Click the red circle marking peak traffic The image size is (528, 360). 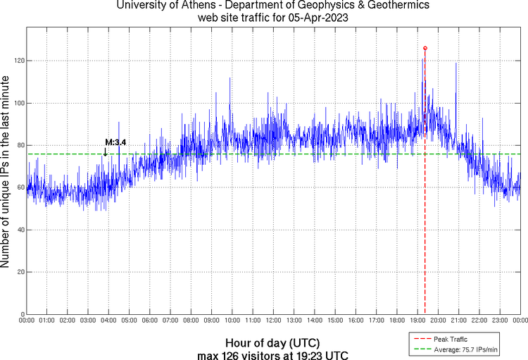coord(425,48)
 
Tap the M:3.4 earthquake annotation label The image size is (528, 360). coord(115,142)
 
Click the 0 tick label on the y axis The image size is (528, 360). coord(21,314)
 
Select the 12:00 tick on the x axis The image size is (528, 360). coord(274,321)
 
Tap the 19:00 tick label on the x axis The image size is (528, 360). coord(417,321)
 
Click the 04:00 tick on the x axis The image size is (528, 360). coord(109,321)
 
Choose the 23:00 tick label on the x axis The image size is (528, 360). coord(500,321)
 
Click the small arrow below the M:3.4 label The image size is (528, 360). coord(106,151)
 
